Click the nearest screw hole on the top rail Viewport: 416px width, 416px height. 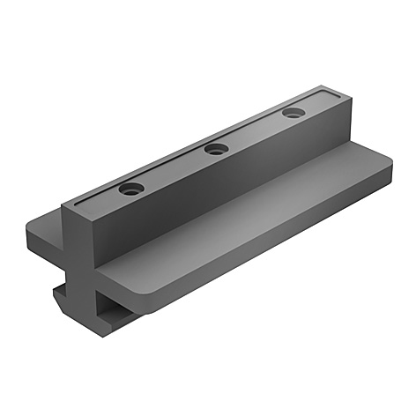tap(131, 189)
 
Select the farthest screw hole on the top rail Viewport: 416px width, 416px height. tap(293, 113)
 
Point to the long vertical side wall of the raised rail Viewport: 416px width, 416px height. tap(212, 194)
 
